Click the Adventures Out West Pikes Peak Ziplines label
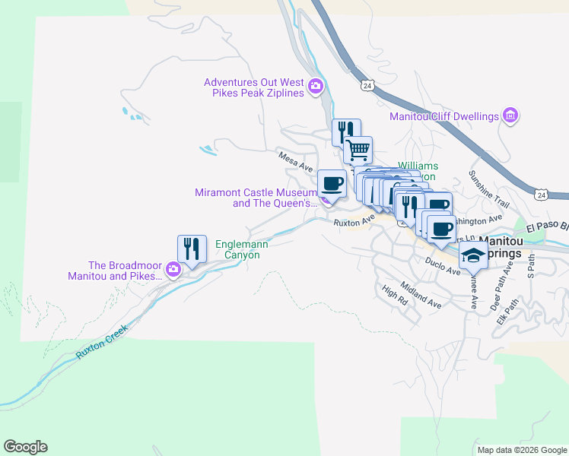coord(254,87)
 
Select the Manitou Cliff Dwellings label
coord(443,116)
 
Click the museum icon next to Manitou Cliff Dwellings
coord(510,116)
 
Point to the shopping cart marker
coord(358,149)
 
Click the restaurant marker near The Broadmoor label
coord(192,249)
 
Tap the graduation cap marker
coord(473,255)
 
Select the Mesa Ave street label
coord(296,161)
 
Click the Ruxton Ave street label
coord(354,221)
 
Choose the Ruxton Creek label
coord(102,343)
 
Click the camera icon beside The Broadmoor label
coord(173,269)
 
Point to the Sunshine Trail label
coord(488,189)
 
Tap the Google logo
coord(25,447)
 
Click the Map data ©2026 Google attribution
coord(522,450)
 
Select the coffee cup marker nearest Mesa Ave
coord(331,182)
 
